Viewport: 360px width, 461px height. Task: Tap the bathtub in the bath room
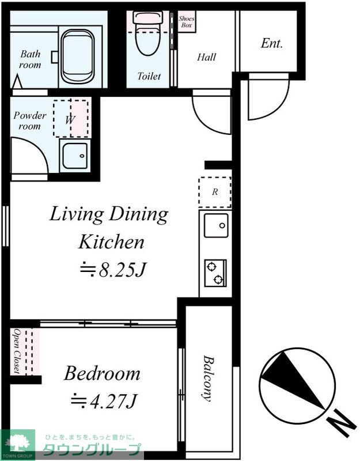tap(78, 56)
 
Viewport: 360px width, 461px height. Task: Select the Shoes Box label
tap(186, 22)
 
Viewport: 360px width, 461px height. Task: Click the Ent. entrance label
tap(271, 44)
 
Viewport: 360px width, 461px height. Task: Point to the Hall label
tap(206, 56)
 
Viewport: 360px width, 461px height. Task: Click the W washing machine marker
tap(70, 119)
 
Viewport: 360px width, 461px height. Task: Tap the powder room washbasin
tap(75, 156)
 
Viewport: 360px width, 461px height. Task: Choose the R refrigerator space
tap(215, 192)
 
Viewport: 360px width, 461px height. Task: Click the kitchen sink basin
tap(217, 225)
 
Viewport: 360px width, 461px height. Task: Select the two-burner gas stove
tap(215, 273)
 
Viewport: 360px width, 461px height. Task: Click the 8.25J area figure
tap(113, 269)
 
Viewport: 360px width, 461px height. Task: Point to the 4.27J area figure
tap(104, 400)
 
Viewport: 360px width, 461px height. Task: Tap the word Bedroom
tap(102, 373)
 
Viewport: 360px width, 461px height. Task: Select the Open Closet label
tap(17, 351)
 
